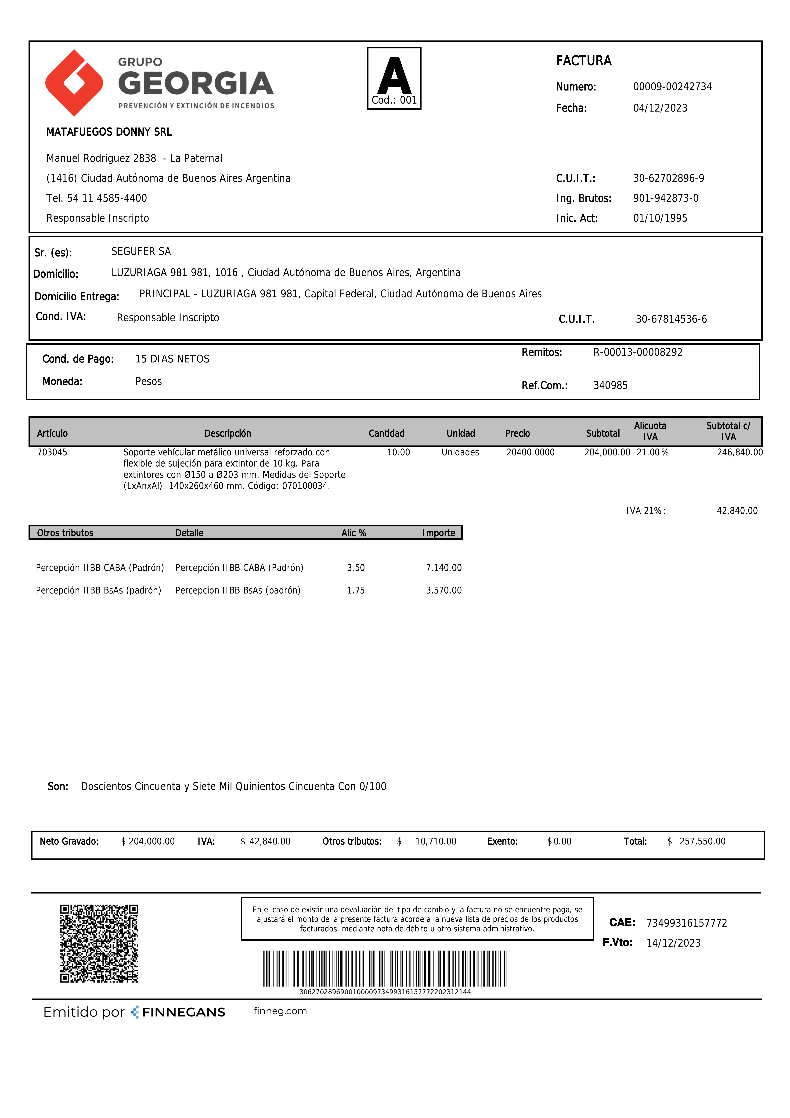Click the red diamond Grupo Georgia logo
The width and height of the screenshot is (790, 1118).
[74, 83]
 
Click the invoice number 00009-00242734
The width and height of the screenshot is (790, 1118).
[672, 87]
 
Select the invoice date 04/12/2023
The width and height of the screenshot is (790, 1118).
[660, 108]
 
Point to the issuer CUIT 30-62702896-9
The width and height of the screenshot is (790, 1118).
[668, 178]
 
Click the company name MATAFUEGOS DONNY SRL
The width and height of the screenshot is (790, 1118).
[109, 132]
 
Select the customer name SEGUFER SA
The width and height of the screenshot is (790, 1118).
[141, 251]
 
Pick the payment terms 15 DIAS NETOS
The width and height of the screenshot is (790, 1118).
[172, 359]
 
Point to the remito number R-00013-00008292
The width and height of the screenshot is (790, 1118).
[638, 352]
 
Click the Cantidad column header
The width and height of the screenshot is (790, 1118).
[386, 433]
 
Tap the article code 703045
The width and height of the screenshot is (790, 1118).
[52, 452]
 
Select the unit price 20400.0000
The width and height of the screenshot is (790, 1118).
[530, 452]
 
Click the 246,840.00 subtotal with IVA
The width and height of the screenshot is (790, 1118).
[739, 452]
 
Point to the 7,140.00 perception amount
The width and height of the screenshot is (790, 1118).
[444, 568]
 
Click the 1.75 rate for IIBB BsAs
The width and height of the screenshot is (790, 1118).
[355, 590]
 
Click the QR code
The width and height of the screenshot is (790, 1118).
[99, 944]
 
